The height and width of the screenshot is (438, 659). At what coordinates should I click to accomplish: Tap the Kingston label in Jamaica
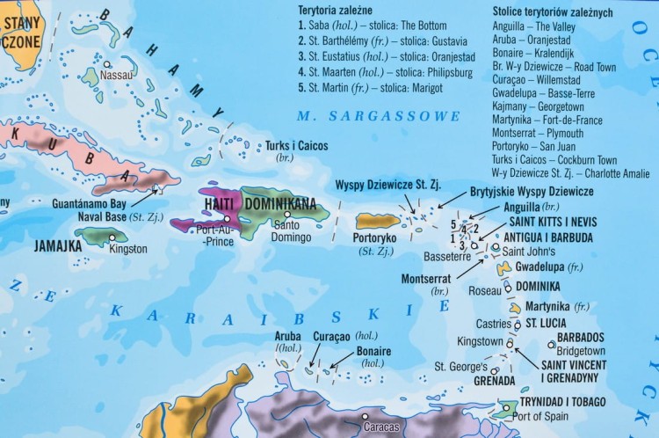pos(129,248)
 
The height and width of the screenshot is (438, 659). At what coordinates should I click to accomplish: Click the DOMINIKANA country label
pos(279,204)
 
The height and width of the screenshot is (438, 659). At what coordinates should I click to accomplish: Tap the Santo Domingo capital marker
pos(287,213)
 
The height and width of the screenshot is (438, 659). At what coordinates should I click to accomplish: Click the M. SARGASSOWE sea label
pos(378,116)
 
